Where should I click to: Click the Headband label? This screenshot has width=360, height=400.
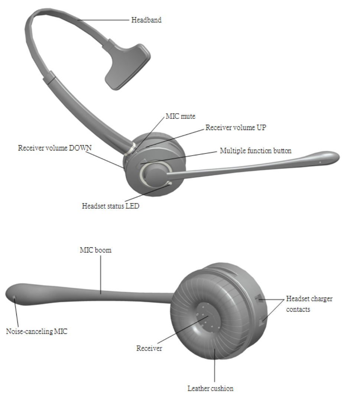(146, 20)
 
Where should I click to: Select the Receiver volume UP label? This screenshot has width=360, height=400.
(236, 127)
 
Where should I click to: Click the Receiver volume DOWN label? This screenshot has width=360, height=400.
(55, 148)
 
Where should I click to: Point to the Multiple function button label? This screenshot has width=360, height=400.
(256, 151)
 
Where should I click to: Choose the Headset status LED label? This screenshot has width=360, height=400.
(110, 206)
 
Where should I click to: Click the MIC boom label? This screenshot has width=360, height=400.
(95, 250)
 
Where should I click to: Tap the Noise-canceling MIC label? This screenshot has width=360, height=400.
(37, 331)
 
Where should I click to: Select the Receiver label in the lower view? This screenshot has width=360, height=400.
(149, 348)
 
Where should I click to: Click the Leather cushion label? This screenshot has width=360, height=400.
(210, 388)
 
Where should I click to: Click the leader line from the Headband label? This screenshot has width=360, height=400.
(104, 20)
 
